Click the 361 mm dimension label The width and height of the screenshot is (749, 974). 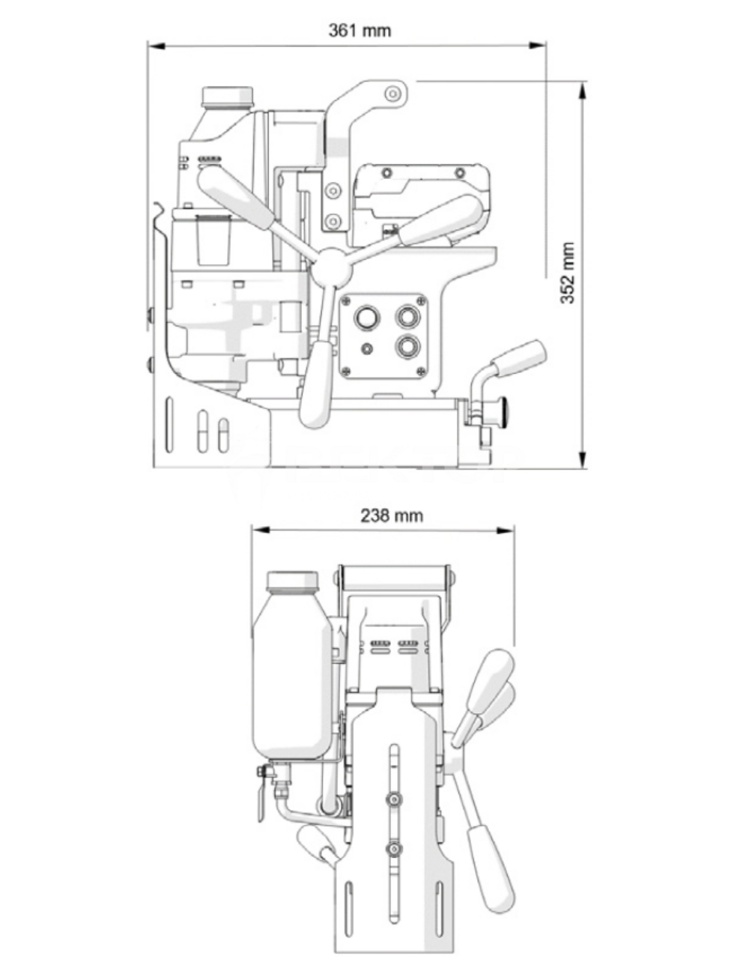click(360, 31)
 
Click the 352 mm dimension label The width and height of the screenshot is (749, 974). click(568, 273)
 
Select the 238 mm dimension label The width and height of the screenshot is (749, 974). click(392, 515)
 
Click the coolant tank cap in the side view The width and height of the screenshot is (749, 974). click(228, 97)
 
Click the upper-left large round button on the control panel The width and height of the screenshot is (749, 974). click(367, 318)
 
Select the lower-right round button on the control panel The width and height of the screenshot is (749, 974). click(407, 346)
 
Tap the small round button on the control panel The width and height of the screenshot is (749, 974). click(367, 348)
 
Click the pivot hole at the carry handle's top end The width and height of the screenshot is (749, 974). click(392, 94)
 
